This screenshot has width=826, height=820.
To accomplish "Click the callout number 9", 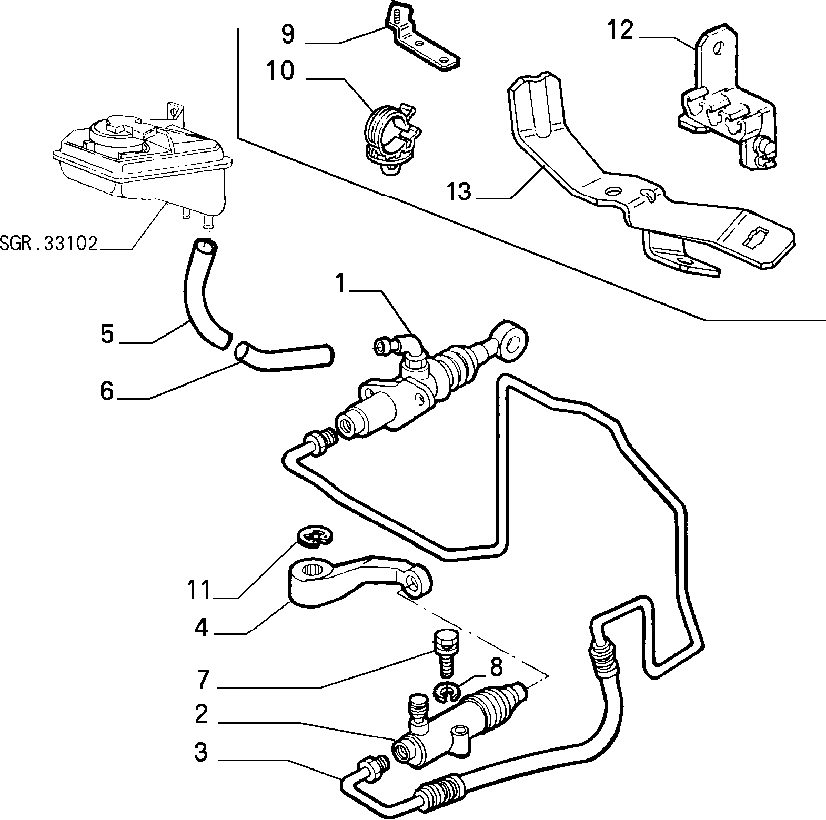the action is tap(289, 34).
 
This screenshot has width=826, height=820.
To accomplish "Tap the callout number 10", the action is tap(280, 71).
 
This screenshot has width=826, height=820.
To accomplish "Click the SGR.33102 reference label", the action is tap(49, 244).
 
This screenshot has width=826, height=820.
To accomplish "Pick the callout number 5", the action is tap(107, 333).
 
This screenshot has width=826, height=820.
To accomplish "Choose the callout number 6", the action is tap(107, 391).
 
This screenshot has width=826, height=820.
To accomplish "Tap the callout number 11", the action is tap(200, 589).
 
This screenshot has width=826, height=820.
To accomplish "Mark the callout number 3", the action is tap(201, 752).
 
